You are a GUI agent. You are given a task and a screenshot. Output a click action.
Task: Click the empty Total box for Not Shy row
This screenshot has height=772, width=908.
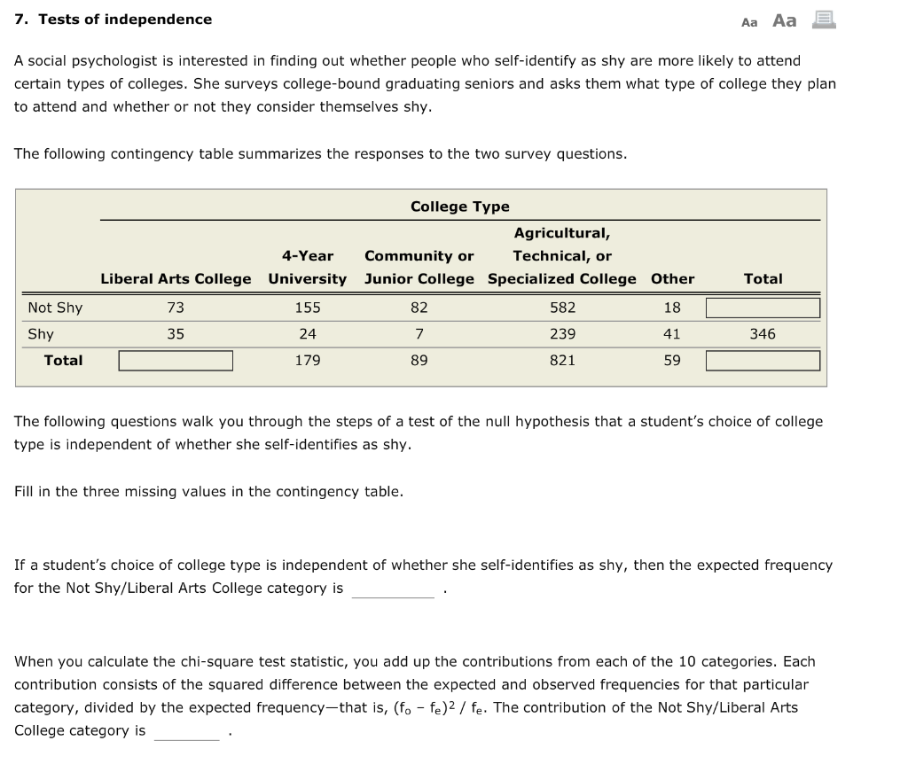pos(763,308)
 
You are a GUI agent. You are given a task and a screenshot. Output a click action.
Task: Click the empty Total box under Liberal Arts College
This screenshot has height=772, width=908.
pos(176,361)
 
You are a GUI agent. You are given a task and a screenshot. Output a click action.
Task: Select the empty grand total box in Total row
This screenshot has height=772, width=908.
pos(763,361)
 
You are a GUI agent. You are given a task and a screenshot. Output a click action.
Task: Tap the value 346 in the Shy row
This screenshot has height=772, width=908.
pos(763,334)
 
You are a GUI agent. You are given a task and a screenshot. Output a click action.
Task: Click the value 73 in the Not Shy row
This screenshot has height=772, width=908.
pos(176,308)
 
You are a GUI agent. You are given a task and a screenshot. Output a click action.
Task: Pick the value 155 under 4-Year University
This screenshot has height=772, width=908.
pos(308,308)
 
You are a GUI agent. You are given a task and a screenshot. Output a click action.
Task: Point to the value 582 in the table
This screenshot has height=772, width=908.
pos(562,308)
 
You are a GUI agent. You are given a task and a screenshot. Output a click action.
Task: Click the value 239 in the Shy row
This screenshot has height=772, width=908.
pos(562,334)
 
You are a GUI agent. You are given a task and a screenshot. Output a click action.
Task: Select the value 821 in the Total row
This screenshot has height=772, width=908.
pos(562,360)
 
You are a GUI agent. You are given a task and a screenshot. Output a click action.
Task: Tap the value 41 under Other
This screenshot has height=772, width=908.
pos(672,334)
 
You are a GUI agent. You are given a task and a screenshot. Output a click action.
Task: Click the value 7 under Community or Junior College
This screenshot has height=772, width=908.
pos(419,334)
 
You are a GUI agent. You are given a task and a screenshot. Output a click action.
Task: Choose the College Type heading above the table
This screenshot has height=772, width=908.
pos(459,207)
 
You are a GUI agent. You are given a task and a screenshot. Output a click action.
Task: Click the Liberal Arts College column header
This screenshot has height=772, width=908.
pos(176,278)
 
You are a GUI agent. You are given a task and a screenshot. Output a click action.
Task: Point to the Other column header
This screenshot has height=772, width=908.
pos(672,278)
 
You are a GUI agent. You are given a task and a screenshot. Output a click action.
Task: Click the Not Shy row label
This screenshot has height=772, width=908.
pos(55,308)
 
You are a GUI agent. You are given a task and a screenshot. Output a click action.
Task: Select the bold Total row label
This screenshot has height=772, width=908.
pos(63,360)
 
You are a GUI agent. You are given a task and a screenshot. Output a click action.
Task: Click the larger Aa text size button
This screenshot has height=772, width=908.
pos(785,20)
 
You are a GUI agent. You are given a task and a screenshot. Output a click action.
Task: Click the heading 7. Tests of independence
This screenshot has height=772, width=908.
pos(113,19)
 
